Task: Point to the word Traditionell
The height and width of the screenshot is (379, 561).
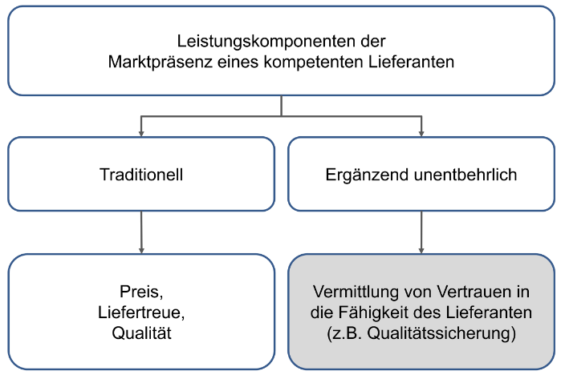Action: click(x=141, y=175)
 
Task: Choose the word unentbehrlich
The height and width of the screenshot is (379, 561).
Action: click(x=465, y=175)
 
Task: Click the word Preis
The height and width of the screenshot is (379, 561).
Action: click(x=141, y=292)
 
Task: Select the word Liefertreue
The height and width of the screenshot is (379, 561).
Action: click(x=141, y=312)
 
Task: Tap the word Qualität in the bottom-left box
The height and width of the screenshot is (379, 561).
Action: click(x=141, y=333)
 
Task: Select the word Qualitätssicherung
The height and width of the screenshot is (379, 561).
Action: click(x=441, y=333)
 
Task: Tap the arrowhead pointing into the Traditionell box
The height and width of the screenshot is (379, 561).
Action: click(x=141, y=134)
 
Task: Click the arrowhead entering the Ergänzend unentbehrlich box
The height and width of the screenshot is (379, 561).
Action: click(x=421, y=134)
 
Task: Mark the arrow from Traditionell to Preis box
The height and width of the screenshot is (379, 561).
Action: click(x=141, y=232)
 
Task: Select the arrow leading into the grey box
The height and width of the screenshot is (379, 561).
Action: click(x=421, y=232)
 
